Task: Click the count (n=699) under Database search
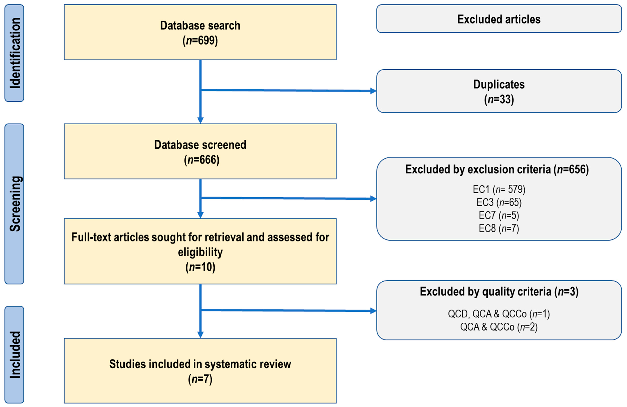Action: coord(200,41)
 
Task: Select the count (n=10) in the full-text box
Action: coord(200,267)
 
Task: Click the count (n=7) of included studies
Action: coord(200,379)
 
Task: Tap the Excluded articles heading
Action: coord(499,19)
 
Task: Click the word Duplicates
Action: coord(499,84)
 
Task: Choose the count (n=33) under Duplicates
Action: coord(499,99)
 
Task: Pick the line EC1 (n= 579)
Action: coord(499,189)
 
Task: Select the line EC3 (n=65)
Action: coord(499,202)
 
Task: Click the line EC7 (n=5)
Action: coord(499,215)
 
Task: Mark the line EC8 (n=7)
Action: coord(499,228)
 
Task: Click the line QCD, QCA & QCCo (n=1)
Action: coord(499,314)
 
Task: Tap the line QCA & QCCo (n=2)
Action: coord(499,327)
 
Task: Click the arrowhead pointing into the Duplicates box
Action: coord(373,91)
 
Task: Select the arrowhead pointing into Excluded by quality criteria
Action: coord(373,311)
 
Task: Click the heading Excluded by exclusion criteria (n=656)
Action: coord(497,169)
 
